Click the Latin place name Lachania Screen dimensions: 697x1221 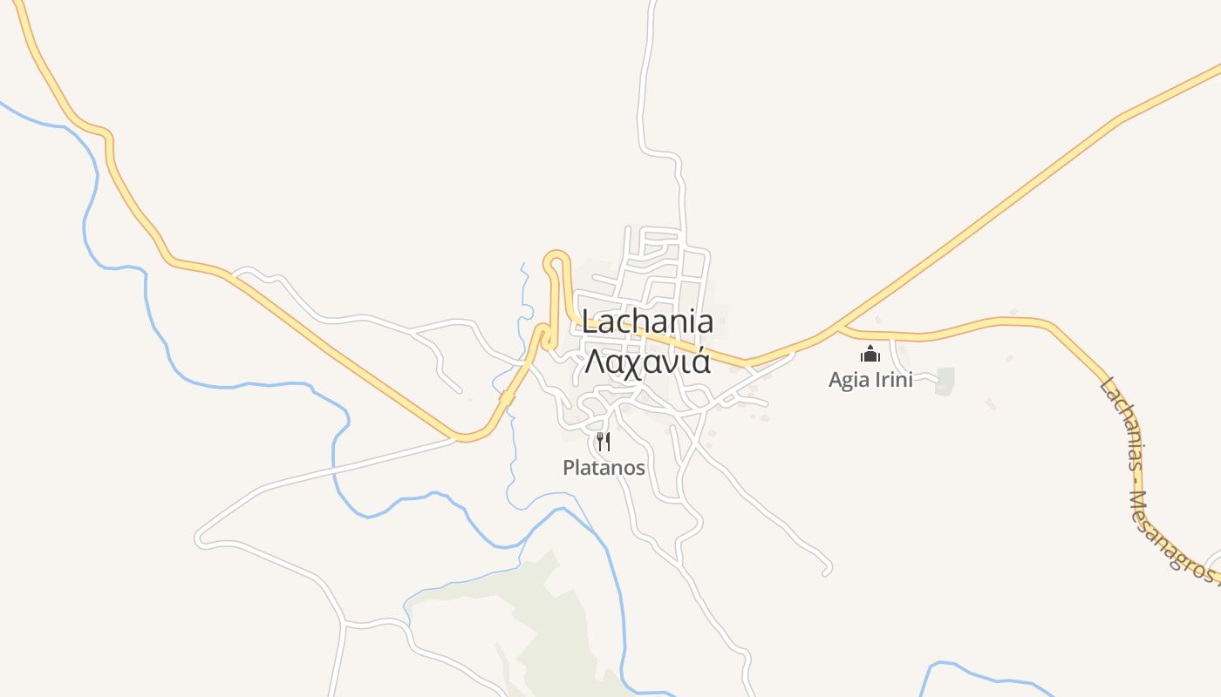pos(647,321)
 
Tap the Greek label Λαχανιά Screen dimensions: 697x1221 pos(647,361)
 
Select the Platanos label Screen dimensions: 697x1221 pos(604,468)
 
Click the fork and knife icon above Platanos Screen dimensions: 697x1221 pos(603,442)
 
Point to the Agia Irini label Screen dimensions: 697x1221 pos(870,379)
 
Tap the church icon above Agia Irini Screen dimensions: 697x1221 pos(870,354)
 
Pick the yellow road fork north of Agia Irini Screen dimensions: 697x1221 pos(838,328)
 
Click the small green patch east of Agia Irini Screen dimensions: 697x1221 pos(945,381)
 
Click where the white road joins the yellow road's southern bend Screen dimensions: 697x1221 pos(455,437)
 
